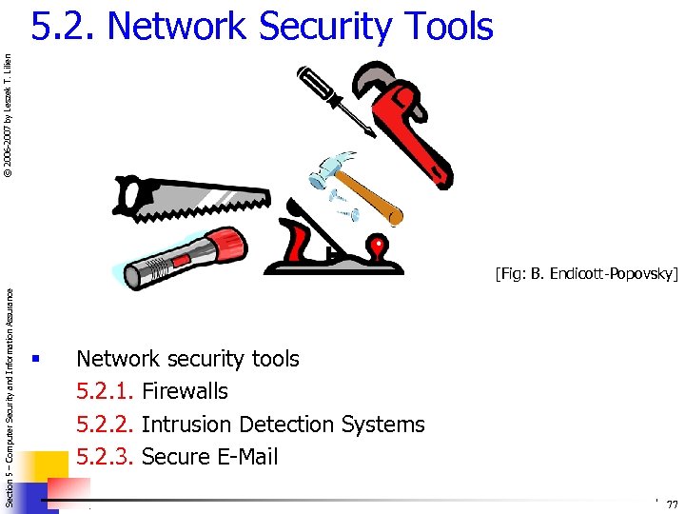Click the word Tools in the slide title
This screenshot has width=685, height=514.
(x=443, y=26)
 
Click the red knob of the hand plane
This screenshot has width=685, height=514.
(x=380, y=250)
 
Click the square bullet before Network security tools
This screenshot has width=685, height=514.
(x=34, y=359)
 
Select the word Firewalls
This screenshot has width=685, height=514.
(x=185, y=391)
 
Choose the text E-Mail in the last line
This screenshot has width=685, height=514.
(x=245, y=456)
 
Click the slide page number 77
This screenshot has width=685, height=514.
(x=672, y=504)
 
